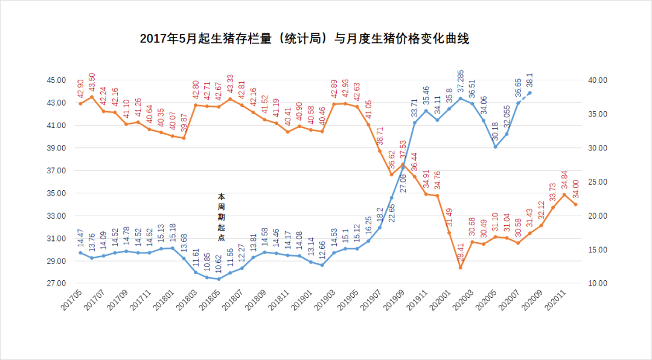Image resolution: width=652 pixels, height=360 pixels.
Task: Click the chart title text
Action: tap(304, 39)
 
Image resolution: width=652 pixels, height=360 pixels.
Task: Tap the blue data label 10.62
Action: tap(218, 263)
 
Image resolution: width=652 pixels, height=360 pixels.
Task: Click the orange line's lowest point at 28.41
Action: tap(460, 268)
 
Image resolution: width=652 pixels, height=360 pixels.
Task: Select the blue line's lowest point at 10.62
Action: tap(219, 279)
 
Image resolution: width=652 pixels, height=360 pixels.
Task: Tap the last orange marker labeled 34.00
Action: tap(575, 204)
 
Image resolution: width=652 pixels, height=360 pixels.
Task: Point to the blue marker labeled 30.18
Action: tap(495, 147)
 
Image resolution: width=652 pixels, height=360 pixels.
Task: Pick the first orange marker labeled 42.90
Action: tap(80, 104)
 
